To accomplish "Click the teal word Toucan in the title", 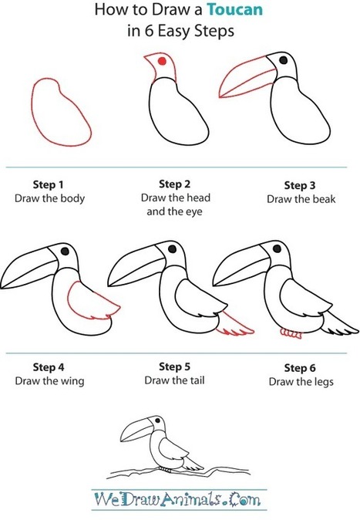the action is pos(235,9).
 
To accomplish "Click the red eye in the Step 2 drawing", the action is pos(162,61).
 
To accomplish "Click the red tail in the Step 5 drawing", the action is pos(235,323).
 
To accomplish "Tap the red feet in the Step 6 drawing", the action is pos(291,333).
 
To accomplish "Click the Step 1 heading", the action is pos(48,184).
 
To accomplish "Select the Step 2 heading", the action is pos(175,184).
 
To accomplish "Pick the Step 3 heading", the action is pos(300,185).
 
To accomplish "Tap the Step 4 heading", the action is pos(49,367).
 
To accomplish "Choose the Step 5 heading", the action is pos(175,366).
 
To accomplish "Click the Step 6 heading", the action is pos(300,368).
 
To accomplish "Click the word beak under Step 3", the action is pos(325,199).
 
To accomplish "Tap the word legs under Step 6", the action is pos(322,382).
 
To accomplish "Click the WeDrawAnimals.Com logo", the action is pos(178,499).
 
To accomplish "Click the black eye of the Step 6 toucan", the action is pos(277,248).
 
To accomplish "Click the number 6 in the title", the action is pos(148,31).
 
